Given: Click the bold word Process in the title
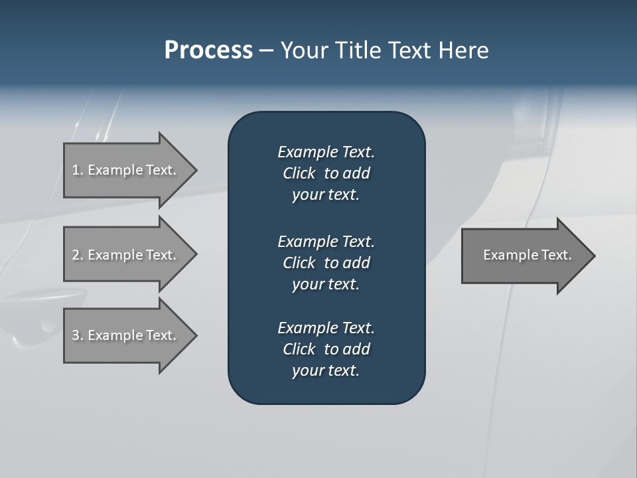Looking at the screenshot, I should (x=208, y=50).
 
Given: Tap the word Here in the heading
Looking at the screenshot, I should (x=463, y=50).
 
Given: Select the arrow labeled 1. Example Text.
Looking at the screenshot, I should (x=124, y=170).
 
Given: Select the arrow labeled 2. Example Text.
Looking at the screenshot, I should (x=124, y=255).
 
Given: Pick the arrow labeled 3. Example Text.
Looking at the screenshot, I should (x=124, y=335).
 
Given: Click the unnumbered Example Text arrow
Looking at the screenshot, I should (x=528, y=255).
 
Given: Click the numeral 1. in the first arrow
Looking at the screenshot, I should (x=78, y=170).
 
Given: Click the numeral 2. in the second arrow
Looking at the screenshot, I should (x=78, y=255).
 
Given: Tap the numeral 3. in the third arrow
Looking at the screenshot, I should (x=78, y=335).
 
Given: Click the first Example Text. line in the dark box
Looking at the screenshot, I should (x=326, y=152).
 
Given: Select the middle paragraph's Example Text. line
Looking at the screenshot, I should (x=326, y=241).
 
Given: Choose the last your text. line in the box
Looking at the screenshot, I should (x=326, y=371).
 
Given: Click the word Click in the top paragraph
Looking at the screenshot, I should (x=299, y=173).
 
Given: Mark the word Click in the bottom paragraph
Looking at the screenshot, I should (x=299, y=349).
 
